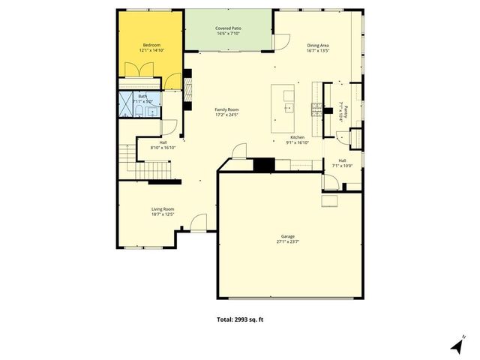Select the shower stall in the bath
tap(123, 107)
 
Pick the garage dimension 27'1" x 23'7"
tap(288, 242)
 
